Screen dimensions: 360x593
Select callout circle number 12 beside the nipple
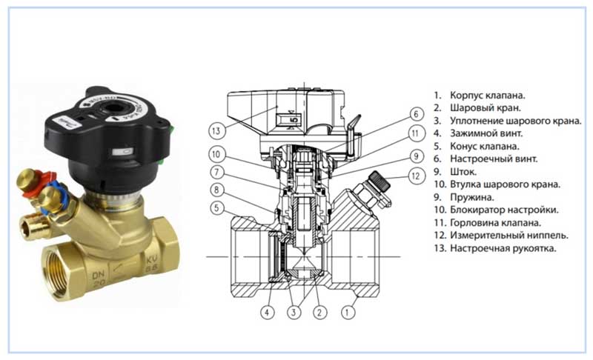coord(416,176)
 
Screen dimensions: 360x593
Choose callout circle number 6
coord(417,115)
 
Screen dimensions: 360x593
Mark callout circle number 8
coord(216,190)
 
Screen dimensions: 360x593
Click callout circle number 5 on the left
coord(216,209)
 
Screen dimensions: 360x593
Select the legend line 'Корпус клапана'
coord(489,96)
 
